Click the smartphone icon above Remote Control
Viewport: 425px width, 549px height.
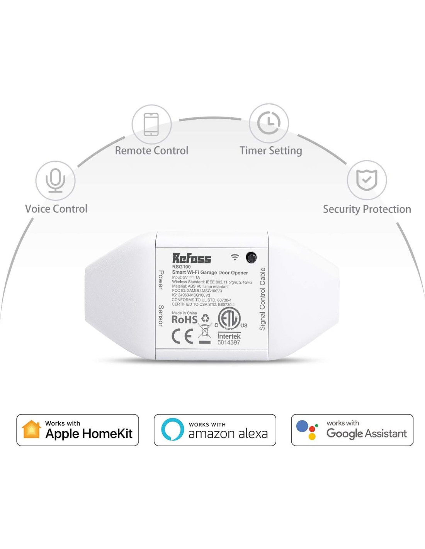(151, 124)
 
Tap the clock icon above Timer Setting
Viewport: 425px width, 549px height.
(269, 123)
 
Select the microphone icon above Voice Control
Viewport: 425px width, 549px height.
(55, 180)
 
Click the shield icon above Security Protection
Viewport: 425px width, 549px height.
(367, 180)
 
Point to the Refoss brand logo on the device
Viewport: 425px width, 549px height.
(192, 258)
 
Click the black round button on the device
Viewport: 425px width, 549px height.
(251, 258)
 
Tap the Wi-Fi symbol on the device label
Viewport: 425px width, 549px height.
(235, 257)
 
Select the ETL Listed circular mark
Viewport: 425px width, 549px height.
(229, 319)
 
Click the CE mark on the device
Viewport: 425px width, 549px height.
(182, 336)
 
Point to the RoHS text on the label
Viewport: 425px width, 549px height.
(184, 320)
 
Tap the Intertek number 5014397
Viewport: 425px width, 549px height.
(229, 342)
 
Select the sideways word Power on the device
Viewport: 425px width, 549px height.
(161, 280)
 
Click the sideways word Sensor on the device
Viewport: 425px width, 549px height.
(161, 315)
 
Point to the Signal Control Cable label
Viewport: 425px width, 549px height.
(263, 299)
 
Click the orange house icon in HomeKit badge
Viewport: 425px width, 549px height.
(32, 430)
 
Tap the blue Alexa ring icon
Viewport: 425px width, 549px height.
(172, 429)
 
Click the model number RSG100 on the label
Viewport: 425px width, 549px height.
(182, 267)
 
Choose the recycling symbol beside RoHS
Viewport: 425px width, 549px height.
(205, 318)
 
